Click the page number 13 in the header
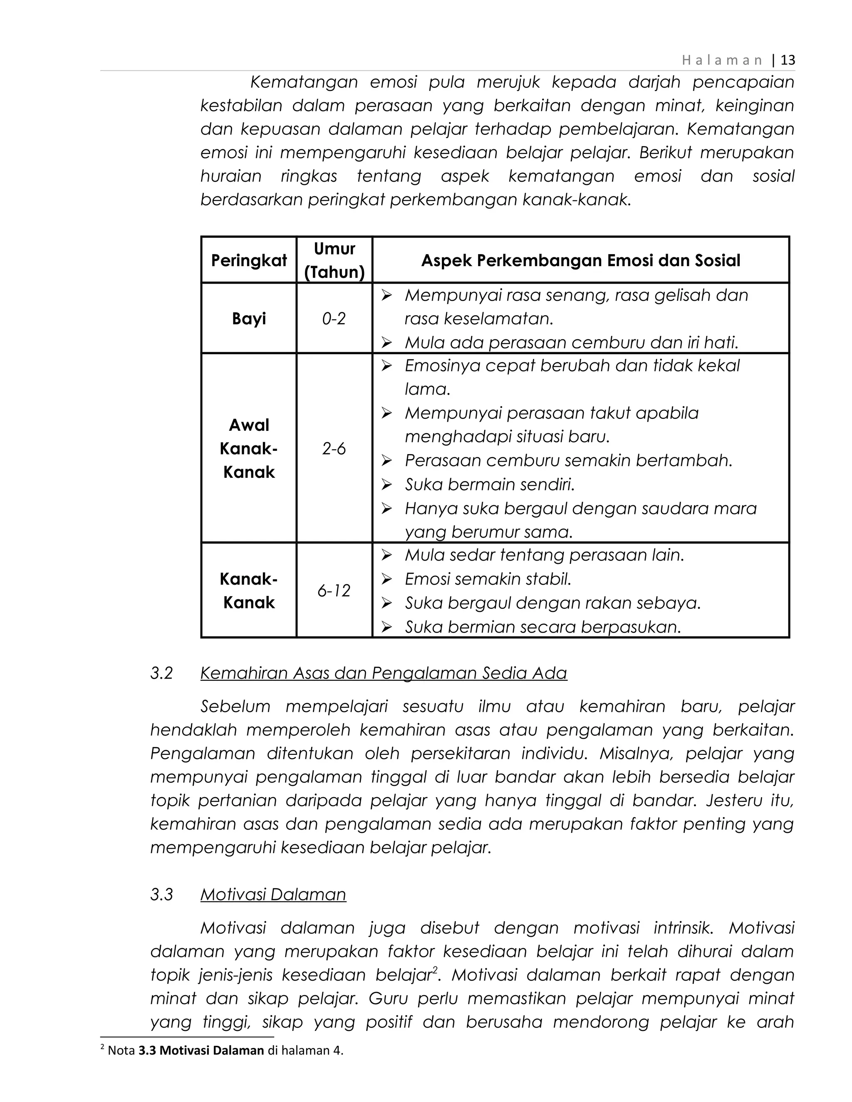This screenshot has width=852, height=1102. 788,61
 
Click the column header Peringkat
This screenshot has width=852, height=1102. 249,260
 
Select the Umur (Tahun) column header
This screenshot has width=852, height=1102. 334,260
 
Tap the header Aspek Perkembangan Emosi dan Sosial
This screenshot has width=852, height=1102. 580,260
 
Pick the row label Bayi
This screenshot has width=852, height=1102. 249,319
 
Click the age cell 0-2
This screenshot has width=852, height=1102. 334,319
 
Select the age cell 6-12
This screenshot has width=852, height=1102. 334,591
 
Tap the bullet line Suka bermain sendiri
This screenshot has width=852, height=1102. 490,484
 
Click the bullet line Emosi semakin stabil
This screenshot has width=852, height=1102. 488,579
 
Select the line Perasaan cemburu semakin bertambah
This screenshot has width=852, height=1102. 568,461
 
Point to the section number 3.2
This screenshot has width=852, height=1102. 161,673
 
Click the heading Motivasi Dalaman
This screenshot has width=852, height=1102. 273,894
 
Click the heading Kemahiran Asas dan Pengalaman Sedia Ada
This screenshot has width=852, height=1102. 384,673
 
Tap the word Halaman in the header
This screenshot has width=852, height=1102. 722,61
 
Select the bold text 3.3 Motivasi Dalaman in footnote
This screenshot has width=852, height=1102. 201,1050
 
